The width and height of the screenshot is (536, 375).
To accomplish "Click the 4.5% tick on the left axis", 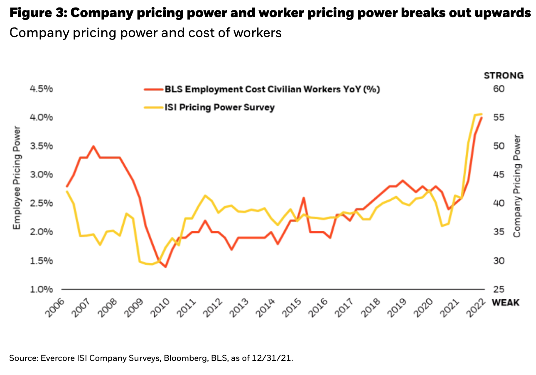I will point(41,89).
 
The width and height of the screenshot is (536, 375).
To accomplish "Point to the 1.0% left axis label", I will point(41,289).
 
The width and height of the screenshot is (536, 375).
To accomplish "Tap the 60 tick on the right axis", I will point(498,89).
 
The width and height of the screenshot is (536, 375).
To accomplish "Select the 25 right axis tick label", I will point(498,289).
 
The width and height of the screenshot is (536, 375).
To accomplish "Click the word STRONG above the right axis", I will point(504,75).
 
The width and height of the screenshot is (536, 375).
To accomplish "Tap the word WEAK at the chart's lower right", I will point(505,302).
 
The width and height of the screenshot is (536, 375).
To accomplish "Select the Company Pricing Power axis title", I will point(516,186).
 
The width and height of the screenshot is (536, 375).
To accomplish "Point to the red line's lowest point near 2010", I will point(165,266).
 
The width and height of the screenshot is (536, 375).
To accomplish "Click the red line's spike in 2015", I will point(304,198).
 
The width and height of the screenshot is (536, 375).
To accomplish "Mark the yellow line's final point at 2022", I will point(482,114).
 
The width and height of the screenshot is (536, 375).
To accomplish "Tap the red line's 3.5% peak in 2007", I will point(93,146).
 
